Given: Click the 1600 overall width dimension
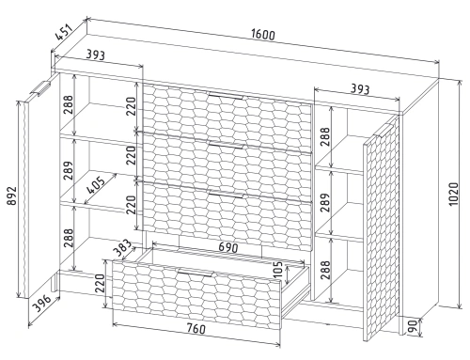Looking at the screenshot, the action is pyautogui.click(x=263, y=35).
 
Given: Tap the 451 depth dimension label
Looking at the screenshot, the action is pyautogui.click(x=64, y=32).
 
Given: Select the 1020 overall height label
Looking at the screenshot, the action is pyautogui.click(x=453, y=195).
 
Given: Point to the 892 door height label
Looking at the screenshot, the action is pyautogui.click(x=11, y=196).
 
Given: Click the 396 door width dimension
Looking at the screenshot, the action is pyautogui.click(x=42, y=303).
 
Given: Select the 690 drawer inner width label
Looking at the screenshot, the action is pyautogui.click(x=228, y=247).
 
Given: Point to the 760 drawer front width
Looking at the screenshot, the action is pyautogui.click(x=196, y=328).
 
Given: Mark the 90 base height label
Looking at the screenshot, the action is pyautogui.click(x=414, y=327).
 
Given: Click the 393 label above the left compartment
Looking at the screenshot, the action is pyautogui.click(x=95, y=55).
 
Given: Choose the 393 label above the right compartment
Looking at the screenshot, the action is pyautogui.click(x=360, y=89).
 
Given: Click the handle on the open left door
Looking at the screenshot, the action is pyautogui.click(x=40, y=87).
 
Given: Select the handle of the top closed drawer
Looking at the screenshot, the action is pyautogui.click(x=226, y=96).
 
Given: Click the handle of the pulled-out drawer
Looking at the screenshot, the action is pyautogui.click(x=196, y=273).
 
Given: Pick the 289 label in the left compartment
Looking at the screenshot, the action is pyautogui.click(x=69, y=170).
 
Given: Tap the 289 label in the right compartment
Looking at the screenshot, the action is pyautogui.click(x=325, y=202).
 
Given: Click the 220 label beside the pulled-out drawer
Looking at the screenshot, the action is pyautogui.click(x=100, y=283).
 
